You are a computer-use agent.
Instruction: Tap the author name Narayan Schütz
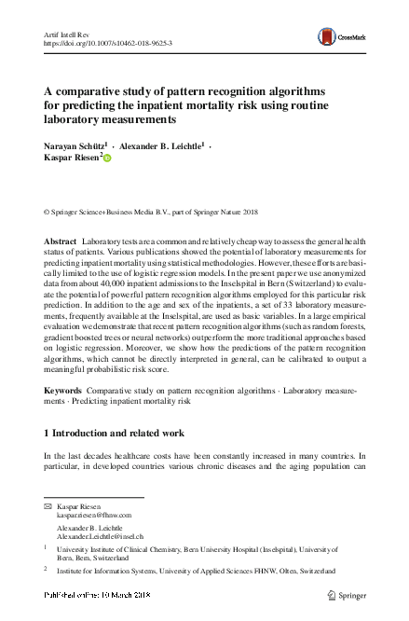75,145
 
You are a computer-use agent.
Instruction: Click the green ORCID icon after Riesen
107,159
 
